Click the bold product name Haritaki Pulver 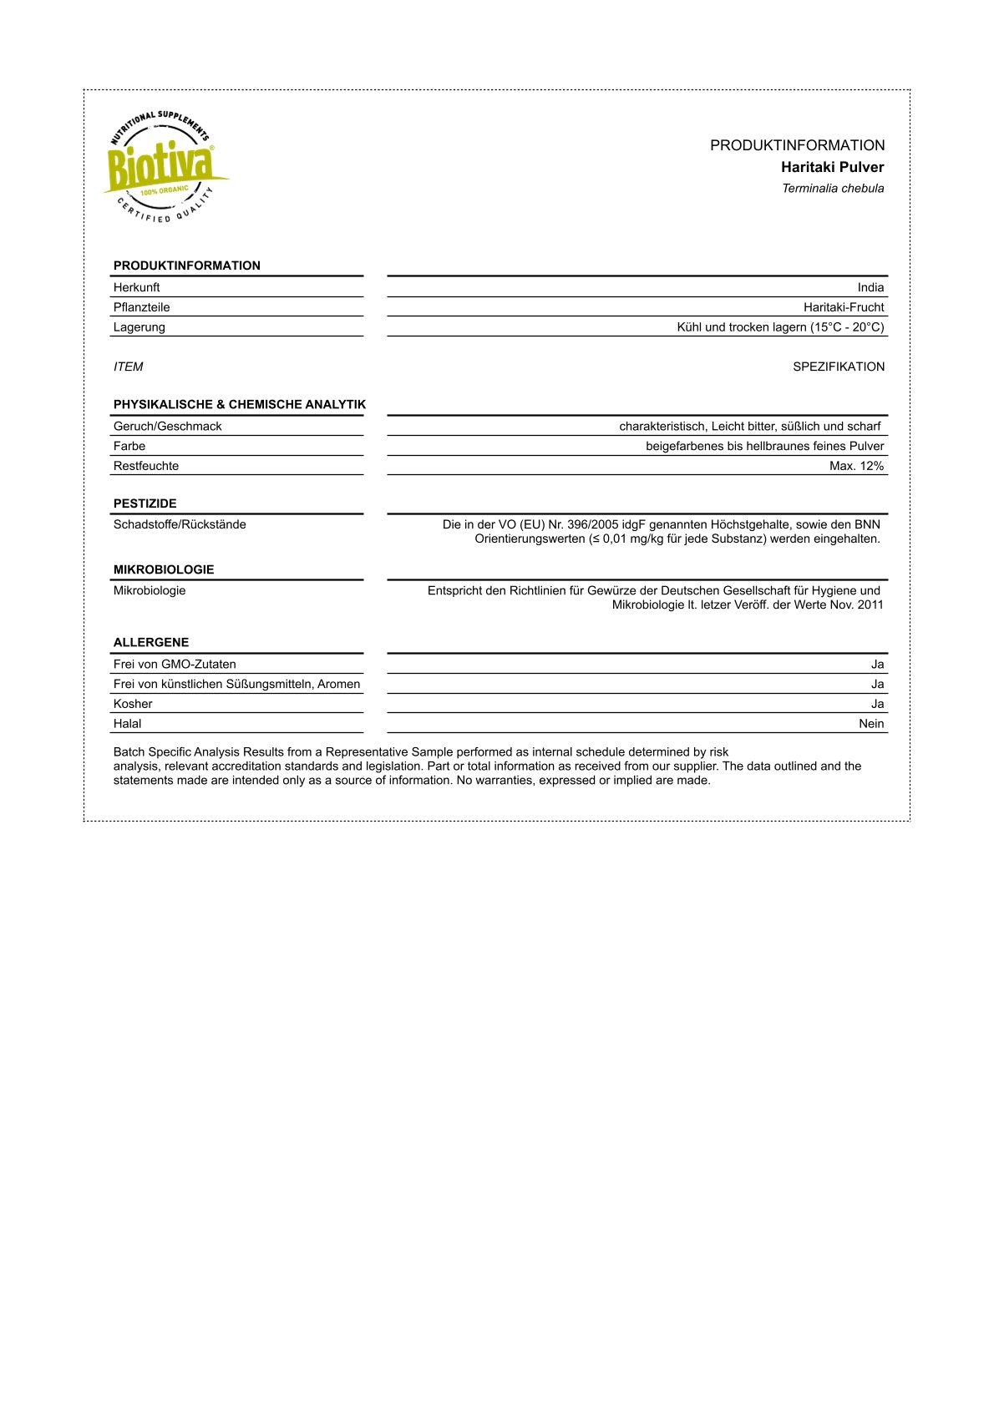coord(832,167)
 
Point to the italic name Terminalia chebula coord(832,189)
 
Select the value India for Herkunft coord(870,287)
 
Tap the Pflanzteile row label coord(141,307)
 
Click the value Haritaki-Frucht coord(843,307)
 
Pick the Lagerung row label coord(139,327)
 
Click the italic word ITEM coord(128,367)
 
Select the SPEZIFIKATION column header coord(838,367)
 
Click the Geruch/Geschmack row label coord(167,427)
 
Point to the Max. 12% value coord(856,466)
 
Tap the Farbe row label coord(129,447)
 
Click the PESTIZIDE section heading coord(145,503)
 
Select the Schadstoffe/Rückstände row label coord(180,524)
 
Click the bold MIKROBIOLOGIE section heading coord(163,569)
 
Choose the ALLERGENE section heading coord(150,642)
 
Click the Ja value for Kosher coord(877,704)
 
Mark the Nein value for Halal coord(871,724)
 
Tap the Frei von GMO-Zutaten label coord(175,665)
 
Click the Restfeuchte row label coord(145,466)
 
